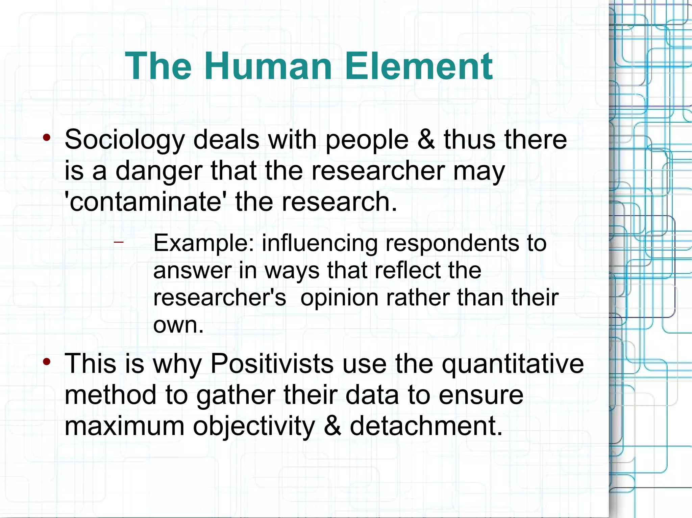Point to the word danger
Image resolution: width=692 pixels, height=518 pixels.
159,171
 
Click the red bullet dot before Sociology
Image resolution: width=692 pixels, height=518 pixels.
47,137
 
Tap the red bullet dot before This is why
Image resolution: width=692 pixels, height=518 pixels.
47,362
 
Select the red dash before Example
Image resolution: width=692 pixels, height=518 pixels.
119,242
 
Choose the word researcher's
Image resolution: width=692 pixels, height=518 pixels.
220,298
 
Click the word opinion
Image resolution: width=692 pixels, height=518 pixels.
339,298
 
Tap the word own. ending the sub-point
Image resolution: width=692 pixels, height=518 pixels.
178,325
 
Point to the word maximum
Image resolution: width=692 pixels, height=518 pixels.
124,426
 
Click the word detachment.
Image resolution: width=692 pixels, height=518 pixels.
426,426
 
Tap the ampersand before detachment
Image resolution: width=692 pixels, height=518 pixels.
332,426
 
